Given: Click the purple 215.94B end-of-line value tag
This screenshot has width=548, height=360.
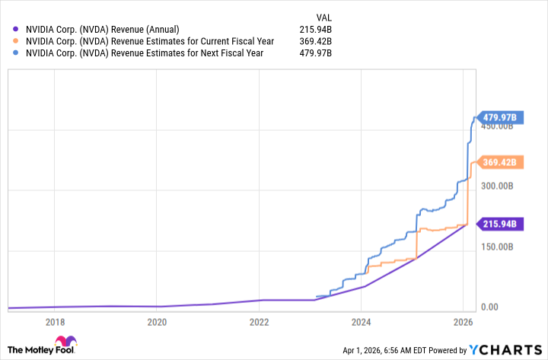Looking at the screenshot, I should coord(501,224).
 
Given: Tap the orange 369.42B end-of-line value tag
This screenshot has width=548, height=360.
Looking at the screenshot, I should coord(501,161).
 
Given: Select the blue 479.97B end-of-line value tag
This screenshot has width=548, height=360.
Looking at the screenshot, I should coord(501,117).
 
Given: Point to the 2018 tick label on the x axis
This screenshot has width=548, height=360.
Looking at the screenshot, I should coord(55,322).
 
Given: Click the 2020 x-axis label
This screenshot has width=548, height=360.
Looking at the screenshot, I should coord(157,322).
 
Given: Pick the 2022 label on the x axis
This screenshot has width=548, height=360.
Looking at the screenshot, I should coord(259,322).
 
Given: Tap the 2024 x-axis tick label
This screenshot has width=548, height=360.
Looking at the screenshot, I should coord(361,322).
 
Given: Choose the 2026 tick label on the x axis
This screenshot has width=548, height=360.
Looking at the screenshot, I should coord(463,322).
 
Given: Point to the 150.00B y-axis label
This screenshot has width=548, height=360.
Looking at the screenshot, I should coord(499,247).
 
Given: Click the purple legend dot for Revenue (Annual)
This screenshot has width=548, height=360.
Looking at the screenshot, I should coord(17,29).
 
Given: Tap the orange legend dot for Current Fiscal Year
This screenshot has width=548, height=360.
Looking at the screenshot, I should coord(17,41).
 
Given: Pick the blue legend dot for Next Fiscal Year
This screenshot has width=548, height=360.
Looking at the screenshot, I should coord(17,53).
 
